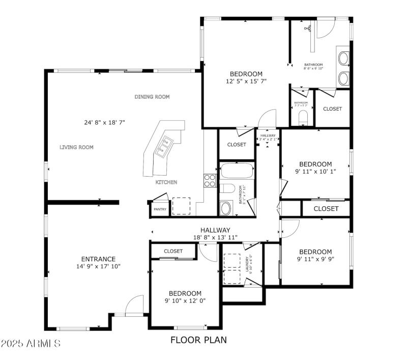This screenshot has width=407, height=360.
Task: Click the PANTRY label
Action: coord(160,209)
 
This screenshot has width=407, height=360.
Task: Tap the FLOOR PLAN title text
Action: coord(198,340)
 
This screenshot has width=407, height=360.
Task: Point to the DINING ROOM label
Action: coord(152,97)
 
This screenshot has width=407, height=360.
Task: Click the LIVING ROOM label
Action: coord(77,147)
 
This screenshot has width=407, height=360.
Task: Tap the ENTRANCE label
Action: coord(98,259)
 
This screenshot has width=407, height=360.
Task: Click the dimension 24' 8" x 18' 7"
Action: coord(105,122)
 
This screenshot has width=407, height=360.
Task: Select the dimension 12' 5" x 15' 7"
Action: coord(246,81)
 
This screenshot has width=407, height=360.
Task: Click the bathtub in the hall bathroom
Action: coord(237,171)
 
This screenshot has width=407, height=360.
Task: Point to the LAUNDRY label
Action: coord(248,264)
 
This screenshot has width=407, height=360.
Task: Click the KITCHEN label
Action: coord(166,182)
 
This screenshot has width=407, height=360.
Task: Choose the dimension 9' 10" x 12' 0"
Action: coord(185,301)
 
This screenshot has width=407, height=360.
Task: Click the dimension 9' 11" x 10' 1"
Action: coord(315,172)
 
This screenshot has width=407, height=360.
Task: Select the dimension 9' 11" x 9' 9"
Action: coord(315,259)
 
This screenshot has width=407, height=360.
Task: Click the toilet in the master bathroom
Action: coord(303,117)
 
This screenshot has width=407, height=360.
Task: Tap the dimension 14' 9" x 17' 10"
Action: coord(98,266)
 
